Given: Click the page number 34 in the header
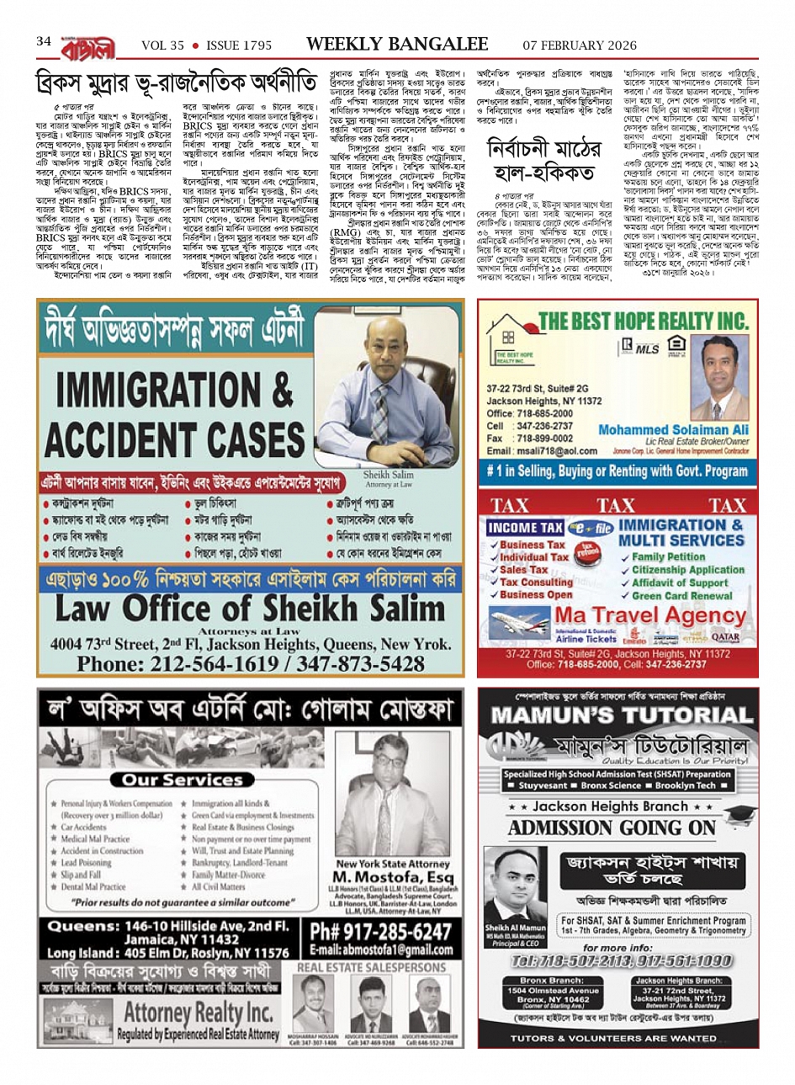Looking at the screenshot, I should coord(44,41).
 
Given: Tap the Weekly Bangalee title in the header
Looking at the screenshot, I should coord(397,44).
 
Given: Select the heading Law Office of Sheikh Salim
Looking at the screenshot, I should coord(249,607).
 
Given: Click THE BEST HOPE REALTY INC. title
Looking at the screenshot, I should coord(643,321).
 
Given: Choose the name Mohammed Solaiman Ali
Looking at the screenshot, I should coord(673,429).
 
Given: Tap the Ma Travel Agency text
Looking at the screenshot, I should coord(649,615).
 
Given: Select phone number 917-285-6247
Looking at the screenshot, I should coord(380,932).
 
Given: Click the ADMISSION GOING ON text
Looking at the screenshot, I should coord(612,827).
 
